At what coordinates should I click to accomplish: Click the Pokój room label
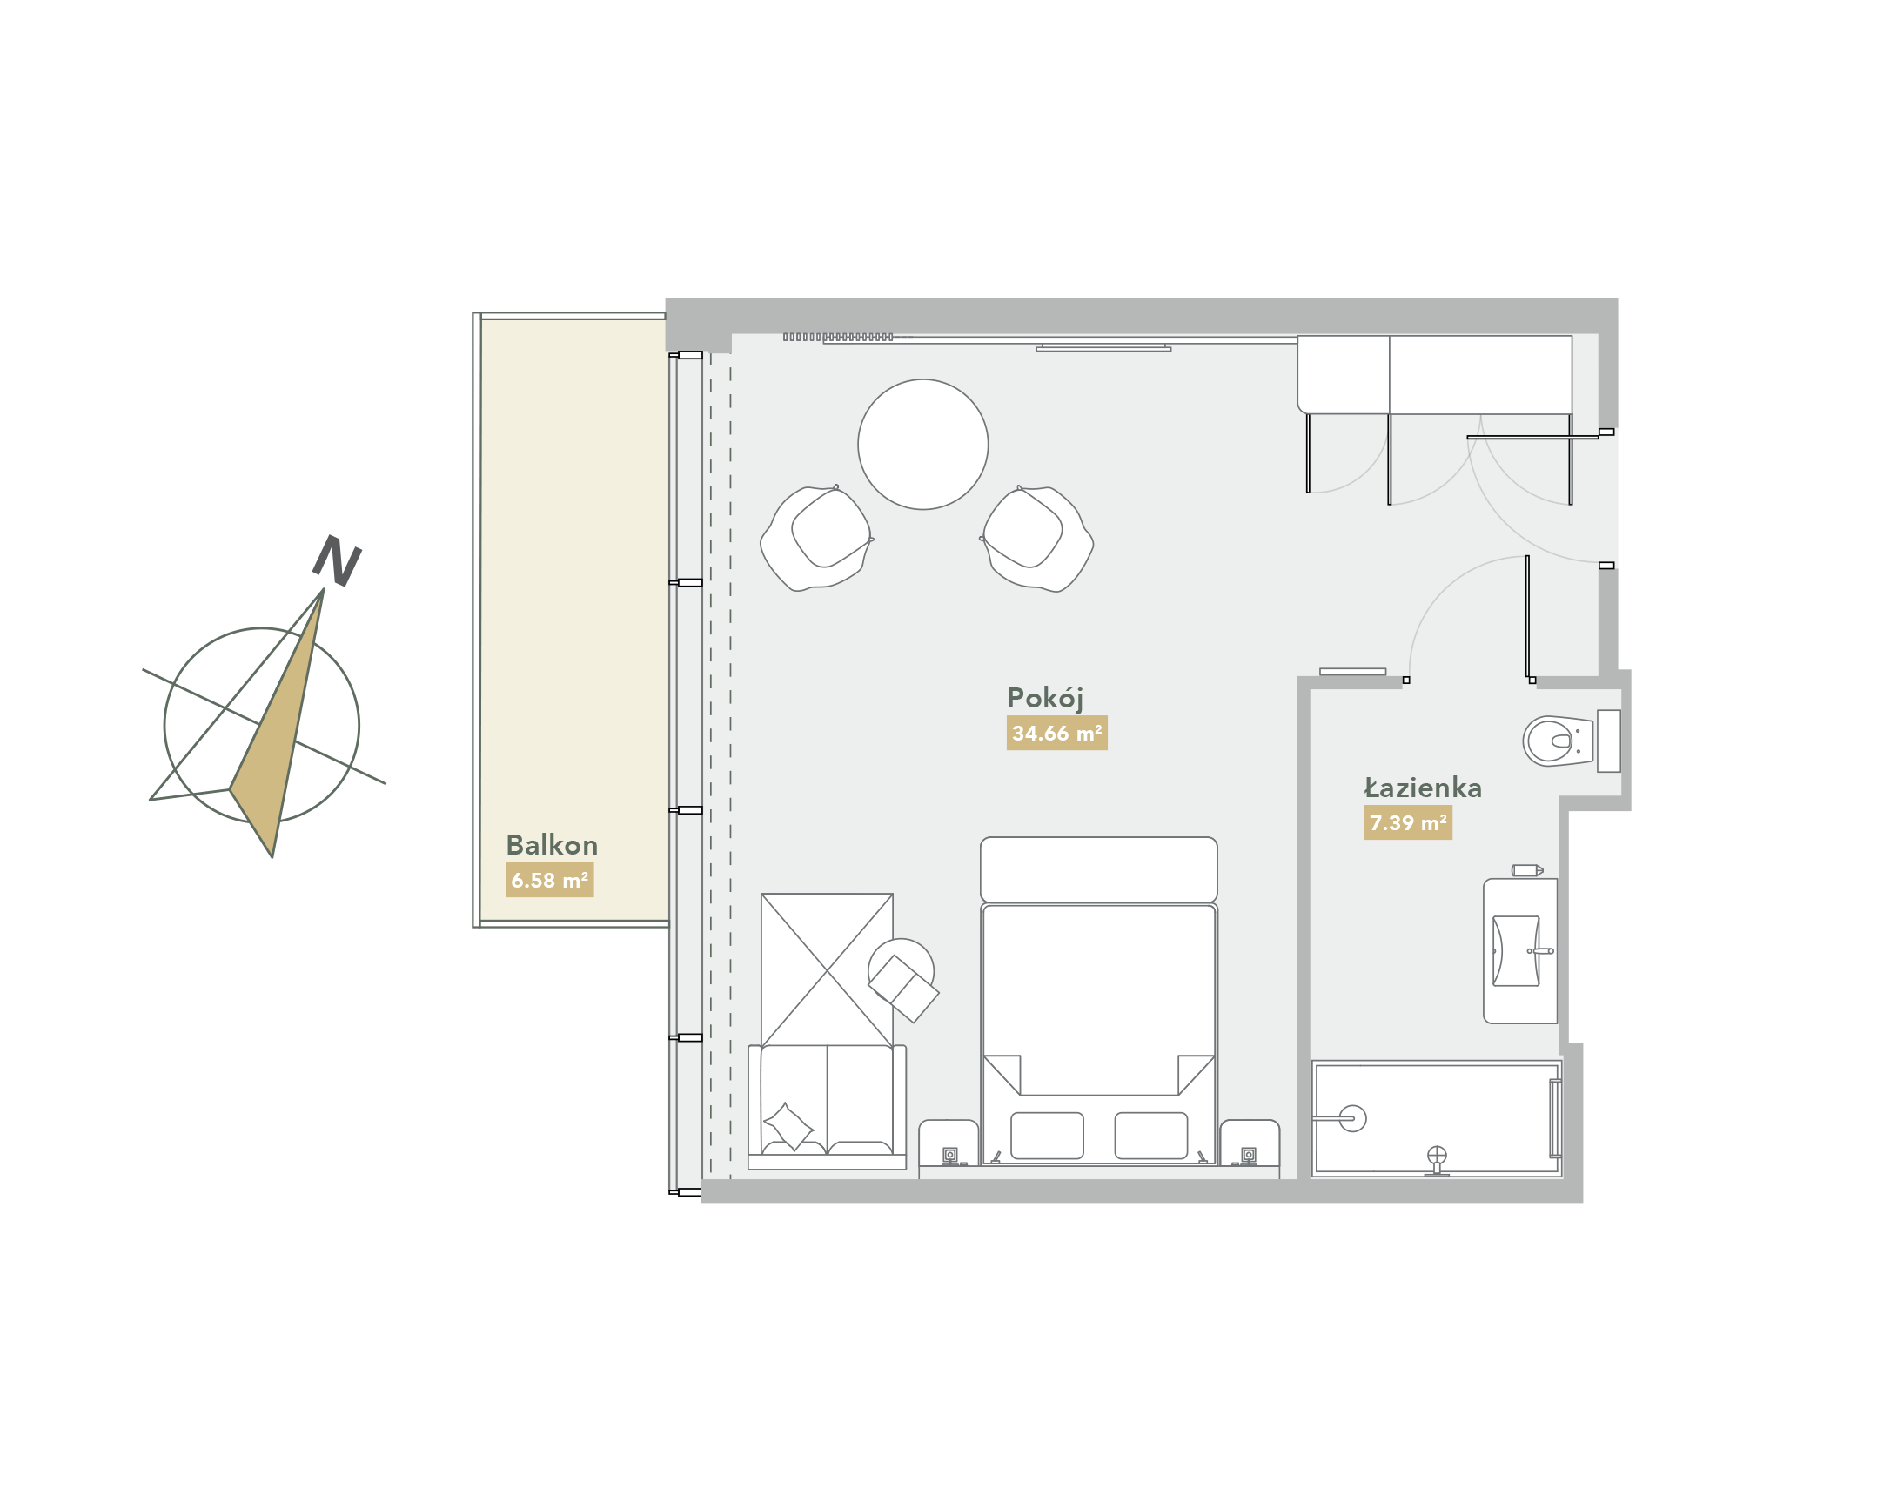[1044, 699]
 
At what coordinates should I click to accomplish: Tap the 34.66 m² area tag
[1056, 733]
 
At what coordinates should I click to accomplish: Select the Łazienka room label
[1422, 788]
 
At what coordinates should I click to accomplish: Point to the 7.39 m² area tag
[1407, 823]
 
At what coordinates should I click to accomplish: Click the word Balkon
[552, 845]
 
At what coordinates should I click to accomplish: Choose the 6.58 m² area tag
[550, 881]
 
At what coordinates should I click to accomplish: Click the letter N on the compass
[337, 560]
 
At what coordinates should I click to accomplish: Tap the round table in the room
[922, 444]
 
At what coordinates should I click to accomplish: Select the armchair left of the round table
[817, 537]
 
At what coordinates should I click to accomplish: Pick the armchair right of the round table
[1036, 537]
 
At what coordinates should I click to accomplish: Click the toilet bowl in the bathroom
[1558, 741]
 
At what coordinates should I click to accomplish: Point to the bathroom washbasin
[1516, 950]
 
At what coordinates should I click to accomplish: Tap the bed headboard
[1098, 869]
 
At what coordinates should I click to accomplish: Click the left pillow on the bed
[1047, 1136]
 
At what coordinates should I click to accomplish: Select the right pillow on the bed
[1150, 1136]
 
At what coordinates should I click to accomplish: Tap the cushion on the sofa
[789, 1126]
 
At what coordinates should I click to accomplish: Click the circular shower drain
[1352, 1118]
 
